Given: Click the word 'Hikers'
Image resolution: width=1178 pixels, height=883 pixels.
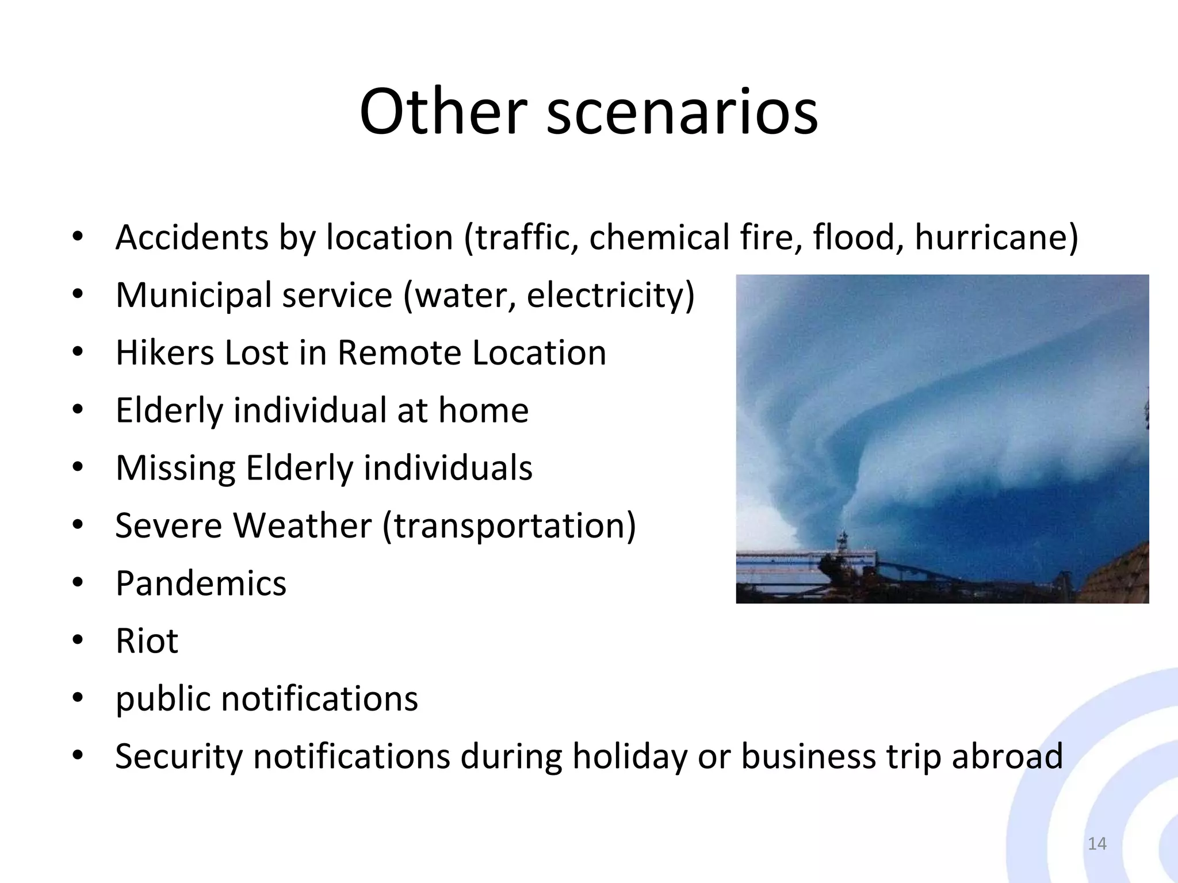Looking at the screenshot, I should pos(164,352).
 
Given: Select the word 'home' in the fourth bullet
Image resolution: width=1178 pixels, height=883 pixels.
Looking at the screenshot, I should pos(483,410).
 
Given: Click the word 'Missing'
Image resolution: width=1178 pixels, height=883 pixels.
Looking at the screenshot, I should pos(175,468).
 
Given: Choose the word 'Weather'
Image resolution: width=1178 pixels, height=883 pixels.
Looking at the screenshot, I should pos(302,525).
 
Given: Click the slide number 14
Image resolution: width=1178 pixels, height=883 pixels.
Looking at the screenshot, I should pos(1097,843).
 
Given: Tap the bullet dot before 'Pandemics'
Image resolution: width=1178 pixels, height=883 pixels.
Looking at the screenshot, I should pos(78,583).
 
